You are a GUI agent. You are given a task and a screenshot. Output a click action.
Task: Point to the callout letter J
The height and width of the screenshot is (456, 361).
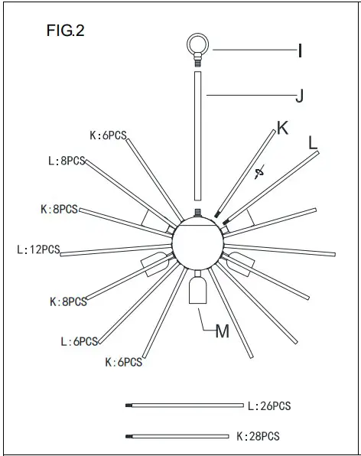click(x=301, y=96)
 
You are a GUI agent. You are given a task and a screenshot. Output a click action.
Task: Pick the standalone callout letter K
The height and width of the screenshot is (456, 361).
click(x=282, y=128)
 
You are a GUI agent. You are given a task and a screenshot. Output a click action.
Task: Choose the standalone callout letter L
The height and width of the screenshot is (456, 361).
click(x=313, y=142)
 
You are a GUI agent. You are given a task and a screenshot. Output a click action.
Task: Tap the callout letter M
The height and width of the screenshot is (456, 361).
click(x=223, y=331)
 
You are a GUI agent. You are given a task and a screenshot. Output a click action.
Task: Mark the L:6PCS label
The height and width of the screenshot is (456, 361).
click(x=79, y=341)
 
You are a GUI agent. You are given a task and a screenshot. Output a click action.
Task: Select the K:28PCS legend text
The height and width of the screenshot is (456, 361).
click(x=258, y=436)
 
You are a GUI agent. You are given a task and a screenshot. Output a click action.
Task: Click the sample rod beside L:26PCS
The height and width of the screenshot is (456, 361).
click(x=184, y=405)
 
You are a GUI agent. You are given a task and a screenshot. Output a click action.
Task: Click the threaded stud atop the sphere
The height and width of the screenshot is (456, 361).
click(x=198, y=213)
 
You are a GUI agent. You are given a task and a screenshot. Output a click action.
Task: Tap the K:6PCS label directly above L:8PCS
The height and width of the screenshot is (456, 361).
click(x=108, y=135)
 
